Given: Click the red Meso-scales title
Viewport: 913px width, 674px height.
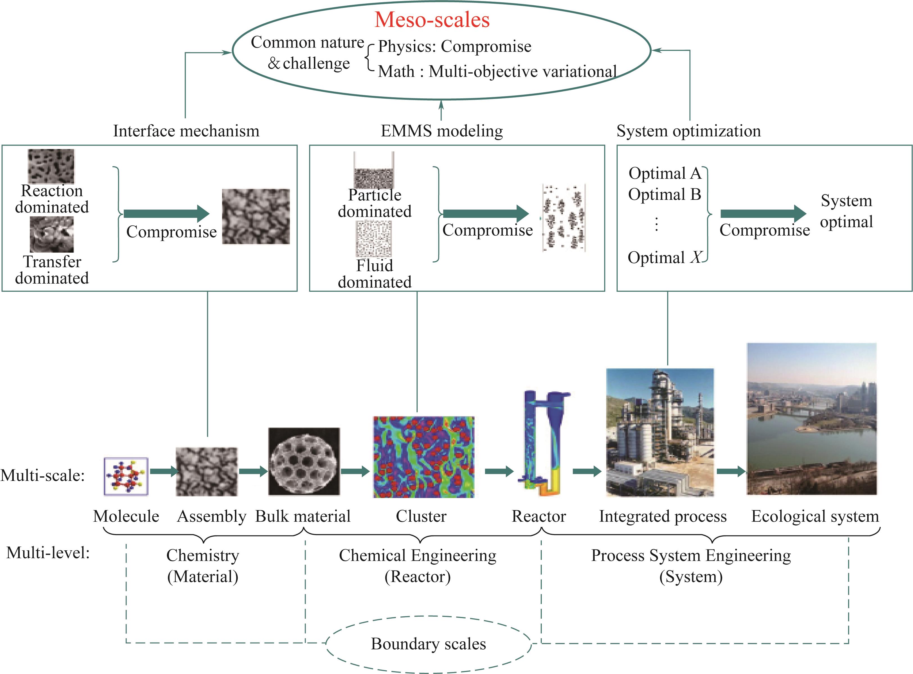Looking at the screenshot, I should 432,20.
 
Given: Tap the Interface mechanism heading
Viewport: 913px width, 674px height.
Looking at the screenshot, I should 186,131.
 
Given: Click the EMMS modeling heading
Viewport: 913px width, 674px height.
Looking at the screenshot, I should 442,131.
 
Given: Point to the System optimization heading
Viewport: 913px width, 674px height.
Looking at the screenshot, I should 689,131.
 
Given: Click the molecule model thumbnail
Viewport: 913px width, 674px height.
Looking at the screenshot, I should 126,476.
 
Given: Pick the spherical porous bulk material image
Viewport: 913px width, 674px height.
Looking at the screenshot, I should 304,462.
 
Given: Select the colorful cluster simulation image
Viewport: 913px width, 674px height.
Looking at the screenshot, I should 423,457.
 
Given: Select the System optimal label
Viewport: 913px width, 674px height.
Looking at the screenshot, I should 846,211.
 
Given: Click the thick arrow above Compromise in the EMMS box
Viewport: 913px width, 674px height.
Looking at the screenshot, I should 486,213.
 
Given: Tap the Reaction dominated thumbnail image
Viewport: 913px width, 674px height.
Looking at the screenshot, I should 51,166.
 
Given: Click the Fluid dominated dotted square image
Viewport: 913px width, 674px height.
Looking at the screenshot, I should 374,239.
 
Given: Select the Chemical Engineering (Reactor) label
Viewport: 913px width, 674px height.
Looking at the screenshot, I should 417,566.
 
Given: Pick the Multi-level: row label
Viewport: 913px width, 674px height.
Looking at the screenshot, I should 48,553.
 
